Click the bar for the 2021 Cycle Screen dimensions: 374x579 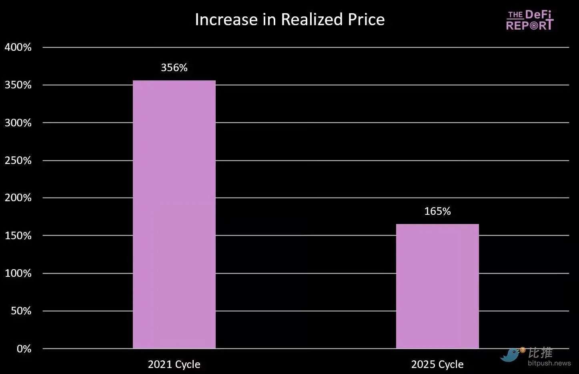click(x=174, y=214)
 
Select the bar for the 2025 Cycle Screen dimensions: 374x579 click(x=437, y=286)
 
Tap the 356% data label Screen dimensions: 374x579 click(x=174, y=68)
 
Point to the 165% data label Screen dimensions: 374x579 click(x=437, y=211)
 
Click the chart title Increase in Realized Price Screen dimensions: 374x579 click(x=290, y=20)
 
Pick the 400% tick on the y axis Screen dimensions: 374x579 click(x=18, y=47)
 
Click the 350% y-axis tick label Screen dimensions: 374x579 click(x=18, y=85)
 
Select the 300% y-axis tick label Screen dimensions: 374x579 click(x=18, y=123)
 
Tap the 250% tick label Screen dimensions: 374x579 click(x=18, y=160)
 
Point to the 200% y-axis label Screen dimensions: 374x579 click(x=18, y=198)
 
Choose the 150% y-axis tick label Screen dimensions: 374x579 click(x=18, y=236)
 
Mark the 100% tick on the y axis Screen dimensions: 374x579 click(x=18, y=273)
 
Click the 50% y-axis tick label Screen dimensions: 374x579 click(x=21, y=311)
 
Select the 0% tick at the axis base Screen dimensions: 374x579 click(x=24, y=349)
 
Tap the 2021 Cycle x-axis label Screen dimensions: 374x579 click(x=174, y=364)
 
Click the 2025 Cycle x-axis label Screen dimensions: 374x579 click(x=437, y=364)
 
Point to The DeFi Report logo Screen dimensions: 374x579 click(x=530, y=20)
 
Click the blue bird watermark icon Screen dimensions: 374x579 click(x=511, y=354)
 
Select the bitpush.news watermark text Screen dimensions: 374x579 click(x=549, y=363)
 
